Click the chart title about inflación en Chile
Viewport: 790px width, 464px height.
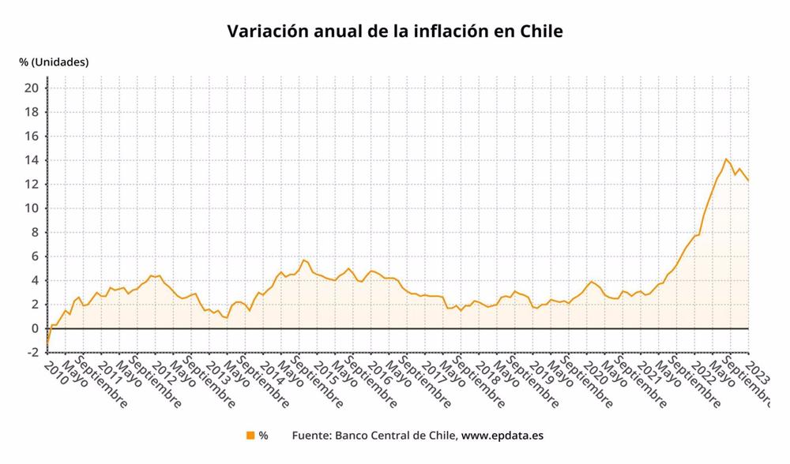click(x=394, y=32)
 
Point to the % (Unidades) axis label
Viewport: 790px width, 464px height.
click(x=54, y=62)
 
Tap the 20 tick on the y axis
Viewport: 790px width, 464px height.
click(x=32, y=88)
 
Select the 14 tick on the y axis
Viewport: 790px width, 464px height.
click(x=32, y=160)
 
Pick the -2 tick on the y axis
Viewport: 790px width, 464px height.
click(x=32, y=353)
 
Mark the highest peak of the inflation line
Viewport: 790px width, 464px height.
click(x=726, y=159)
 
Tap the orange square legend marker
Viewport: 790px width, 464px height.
click(x=250, y=435)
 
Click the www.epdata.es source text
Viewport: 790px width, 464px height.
click(x=502, y=435)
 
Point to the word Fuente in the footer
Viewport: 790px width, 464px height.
click(x=310, y=435)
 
